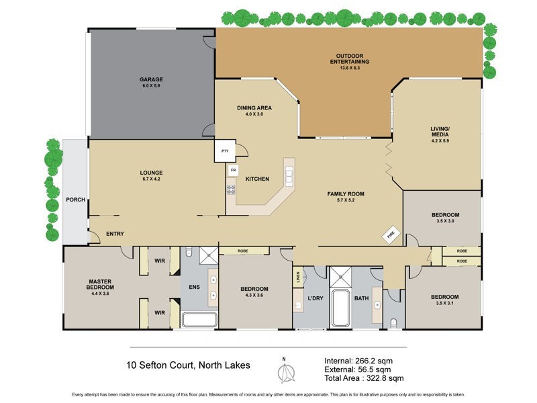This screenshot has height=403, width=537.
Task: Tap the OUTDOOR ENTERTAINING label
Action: pyautogui.click(x=349, y=58)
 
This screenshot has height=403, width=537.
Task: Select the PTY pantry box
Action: pyautogui.click(x=224, y=151)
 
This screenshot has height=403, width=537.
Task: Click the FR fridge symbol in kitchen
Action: pyautogui.click(x=233, y=171)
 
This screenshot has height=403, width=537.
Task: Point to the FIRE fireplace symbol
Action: pyautogui.click(x=389, y=234)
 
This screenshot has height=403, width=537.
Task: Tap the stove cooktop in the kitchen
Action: pyautogui.click(x=232, y=189)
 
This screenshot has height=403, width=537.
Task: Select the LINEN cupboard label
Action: pyautogui.click(x=297, y=275)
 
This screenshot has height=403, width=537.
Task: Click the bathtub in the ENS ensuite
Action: pyautogui.click(x=199, y=320)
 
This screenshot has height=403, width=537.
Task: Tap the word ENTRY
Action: pyautogui.click(x=114, y=234)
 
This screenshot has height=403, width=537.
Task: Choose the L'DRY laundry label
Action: pyautogui.click(x=315, y=298)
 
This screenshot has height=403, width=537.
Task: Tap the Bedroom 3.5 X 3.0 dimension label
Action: pyautogui.click(x=445, y=220)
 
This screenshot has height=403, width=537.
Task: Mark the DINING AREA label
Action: pyautogui.click(x=254, y=111)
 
